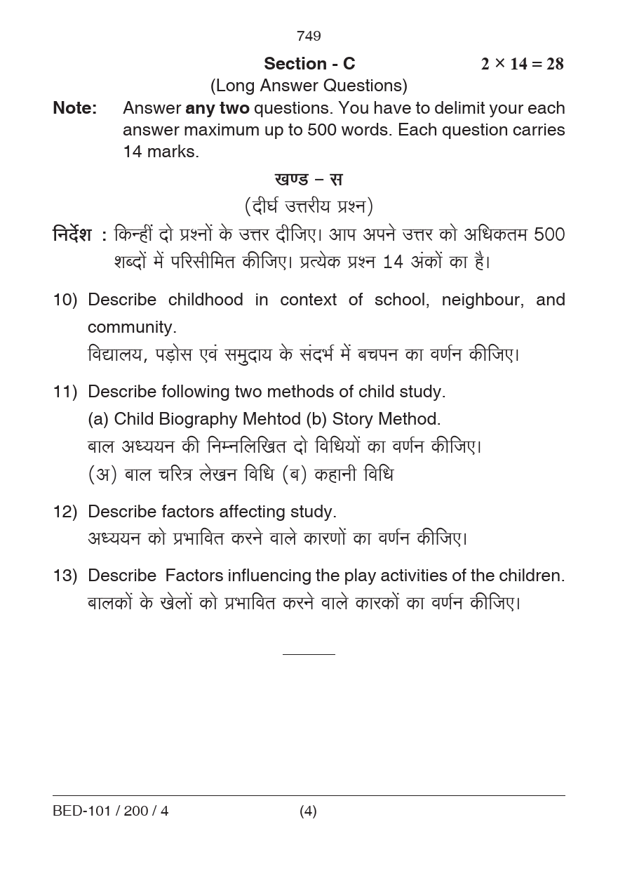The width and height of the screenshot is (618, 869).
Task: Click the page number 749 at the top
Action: click(309, 36)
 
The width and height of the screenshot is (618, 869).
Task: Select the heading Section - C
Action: click(309, 64)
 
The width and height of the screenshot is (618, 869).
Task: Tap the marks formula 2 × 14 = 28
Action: click(522, 64)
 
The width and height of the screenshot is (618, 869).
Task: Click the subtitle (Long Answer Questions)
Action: click(309, 86)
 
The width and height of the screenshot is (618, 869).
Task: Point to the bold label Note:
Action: click(75, 108)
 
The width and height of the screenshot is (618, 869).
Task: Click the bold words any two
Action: click(217, 108)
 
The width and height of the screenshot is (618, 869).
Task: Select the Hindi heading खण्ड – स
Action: click(309, 179)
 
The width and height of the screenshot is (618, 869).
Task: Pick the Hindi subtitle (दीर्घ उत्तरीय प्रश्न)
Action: click(309, 206)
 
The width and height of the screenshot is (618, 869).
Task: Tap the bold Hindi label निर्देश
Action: click(72, 234)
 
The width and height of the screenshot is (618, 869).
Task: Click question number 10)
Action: click(65, 300)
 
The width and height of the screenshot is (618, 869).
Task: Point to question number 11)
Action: click(65, 392)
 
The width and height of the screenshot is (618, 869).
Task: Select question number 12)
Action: click(65, 512)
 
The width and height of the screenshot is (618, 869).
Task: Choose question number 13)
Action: click(65, 576)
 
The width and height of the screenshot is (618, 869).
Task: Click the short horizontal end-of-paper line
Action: click(309, 654)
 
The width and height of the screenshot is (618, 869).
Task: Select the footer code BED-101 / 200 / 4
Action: click(111, 811)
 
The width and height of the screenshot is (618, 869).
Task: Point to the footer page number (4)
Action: click(308, 811)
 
